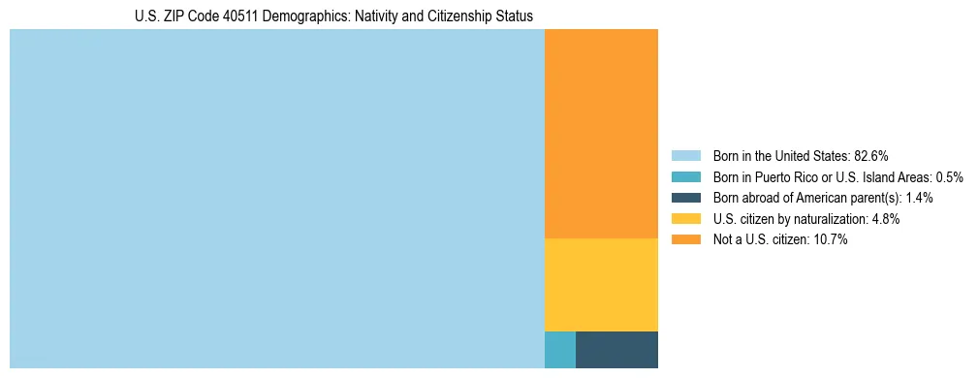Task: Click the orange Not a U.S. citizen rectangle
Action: click(x=601, y=134)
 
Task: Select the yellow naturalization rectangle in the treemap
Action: click(x=601, y=285)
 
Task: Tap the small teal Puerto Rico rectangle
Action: click(x=560, y=350)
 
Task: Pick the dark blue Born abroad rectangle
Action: click(x=616, y=350)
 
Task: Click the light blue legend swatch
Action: click(x=685, y=156)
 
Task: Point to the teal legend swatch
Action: click(x=685, y=177)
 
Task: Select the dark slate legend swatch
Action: click(x=685, y=198)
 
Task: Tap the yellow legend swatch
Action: click(x=685, y=219)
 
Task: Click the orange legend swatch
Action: click(x=685, y=239)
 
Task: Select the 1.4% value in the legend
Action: click(x=920, y=198)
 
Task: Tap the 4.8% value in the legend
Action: click(x=884, y=219)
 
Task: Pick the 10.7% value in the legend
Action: click(x=831, y=239)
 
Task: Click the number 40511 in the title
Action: click(x=217, y=16)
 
